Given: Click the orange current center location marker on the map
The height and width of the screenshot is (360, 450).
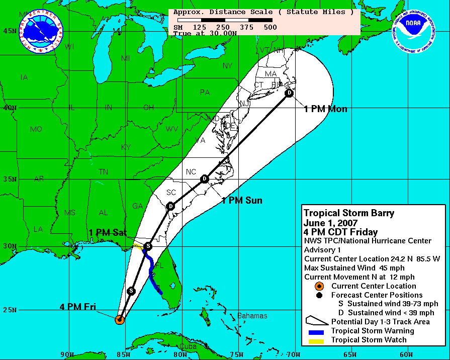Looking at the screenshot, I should (120, 319).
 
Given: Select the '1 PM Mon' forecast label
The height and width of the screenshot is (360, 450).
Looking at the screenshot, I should (325, 109).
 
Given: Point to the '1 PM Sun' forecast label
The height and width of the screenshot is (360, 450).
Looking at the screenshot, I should (242, 201).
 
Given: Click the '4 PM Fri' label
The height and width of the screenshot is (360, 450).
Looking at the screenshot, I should (78, 307).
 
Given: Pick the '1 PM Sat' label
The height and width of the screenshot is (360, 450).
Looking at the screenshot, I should (108, 232).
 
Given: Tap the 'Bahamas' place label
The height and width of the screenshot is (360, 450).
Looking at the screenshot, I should (252, 316).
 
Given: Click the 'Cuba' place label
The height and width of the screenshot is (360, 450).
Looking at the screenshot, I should (188, 346).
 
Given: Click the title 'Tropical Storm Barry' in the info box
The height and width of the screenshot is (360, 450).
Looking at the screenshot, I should (349, 213).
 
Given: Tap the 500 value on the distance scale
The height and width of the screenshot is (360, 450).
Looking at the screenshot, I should (269, 27).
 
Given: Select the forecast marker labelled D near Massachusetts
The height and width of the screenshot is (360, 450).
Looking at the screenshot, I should (289, 93).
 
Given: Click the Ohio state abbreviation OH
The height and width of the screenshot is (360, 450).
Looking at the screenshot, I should (148, 108).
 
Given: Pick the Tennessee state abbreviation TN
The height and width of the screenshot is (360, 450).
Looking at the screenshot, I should (103, 172).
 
